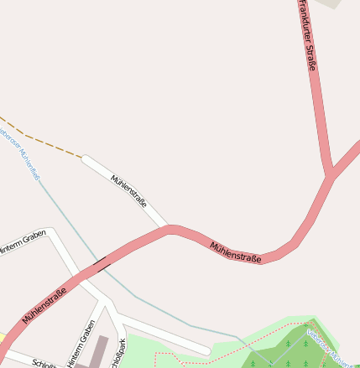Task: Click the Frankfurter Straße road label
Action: tap(307, 35)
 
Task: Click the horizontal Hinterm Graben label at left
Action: tap(23, 244)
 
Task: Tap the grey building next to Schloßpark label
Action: tap(99, 351)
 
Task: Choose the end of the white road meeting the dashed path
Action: tap(83, 157)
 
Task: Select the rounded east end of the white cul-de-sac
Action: tap(206, 350)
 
